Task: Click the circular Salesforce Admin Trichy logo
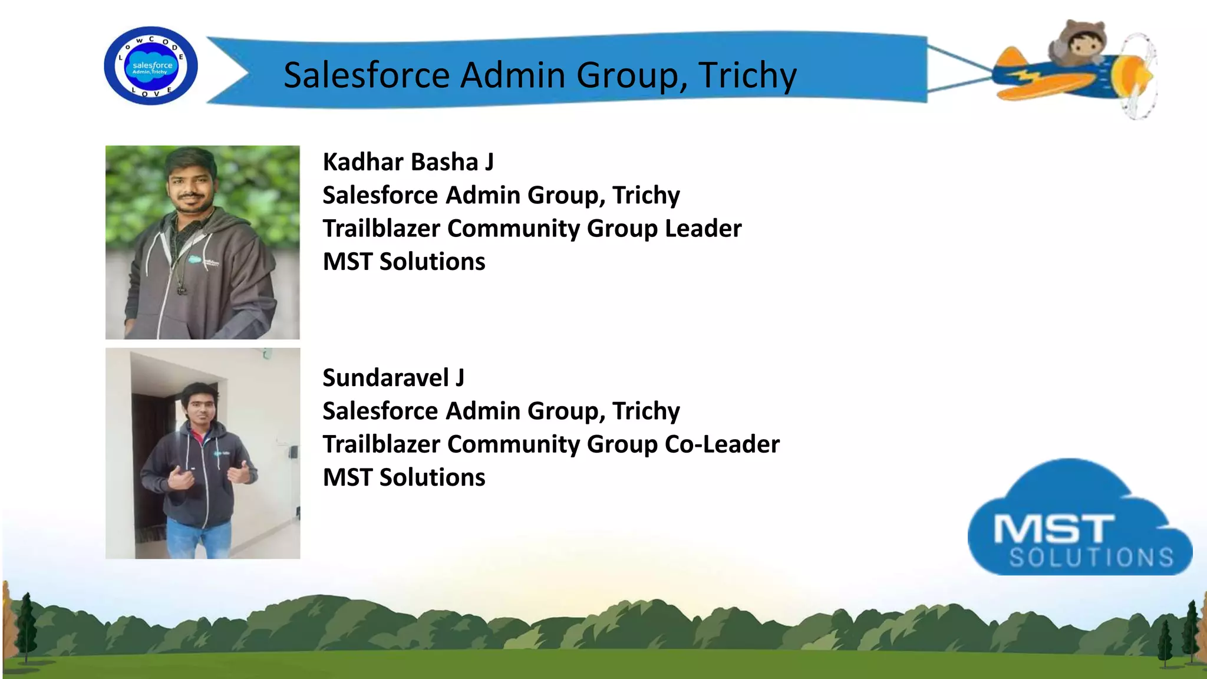click(x=151, y=66)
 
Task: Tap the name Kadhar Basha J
click(x=408, y=162)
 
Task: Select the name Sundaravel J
click(x=393, y=378)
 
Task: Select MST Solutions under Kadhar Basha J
click(x=404, y=262)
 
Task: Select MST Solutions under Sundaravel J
click(x=404, y=477)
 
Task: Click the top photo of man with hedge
click(x=202, y=242)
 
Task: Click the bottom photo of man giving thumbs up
click(x=202, y=453)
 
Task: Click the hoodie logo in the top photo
click(x=196, y=259)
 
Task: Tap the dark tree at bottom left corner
click(x=25, y=628)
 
